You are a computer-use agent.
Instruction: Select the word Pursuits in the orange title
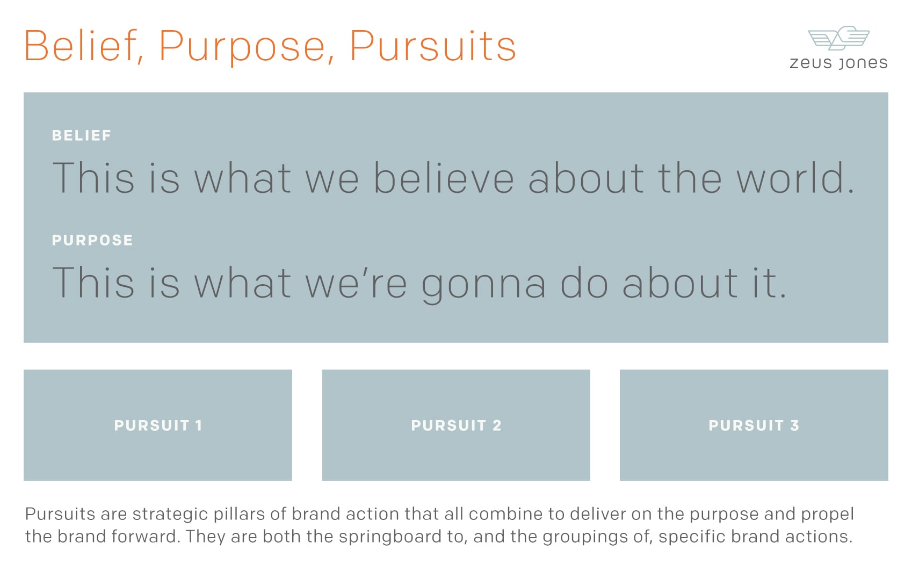[433, 46]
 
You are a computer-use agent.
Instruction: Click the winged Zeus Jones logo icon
[839, 38]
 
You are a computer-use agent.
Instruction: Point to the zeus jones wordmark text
[839, 63]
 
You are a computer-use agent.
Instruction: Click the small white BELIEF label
[82, 135]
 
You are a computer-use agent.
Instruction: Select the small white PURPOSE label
[92, 240]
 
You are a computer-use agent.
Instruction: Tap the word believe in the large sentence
[444, 178]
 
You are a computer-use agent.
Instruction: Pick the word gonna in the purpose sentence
[483, 284]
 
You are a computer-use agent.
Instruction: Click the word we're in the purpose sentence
[356, 283]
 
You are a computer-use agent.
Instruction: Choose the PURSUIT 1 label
[158, 425]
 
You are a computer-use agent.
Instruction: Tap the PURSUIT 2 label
[456, 425]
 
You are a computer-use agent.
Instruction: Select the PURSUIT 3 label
[754, 425]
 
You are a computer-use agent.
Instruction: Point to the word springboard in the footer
[390, 537]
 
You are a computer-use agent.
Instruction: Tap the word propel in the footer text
[827, 515]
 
